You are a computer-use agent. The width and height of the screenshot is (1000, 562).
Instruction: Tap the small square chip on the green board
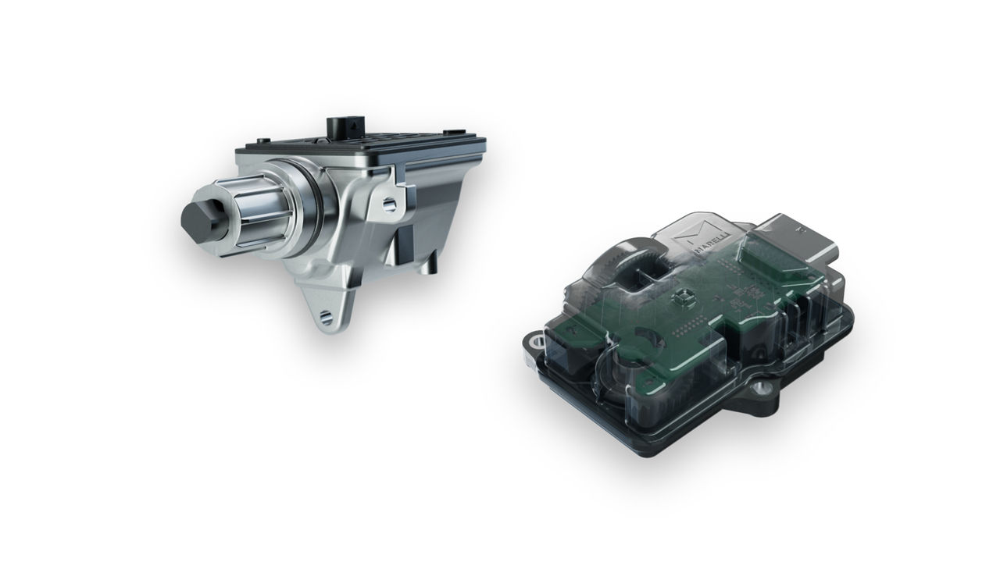pyautogui.click(x=681, y=298)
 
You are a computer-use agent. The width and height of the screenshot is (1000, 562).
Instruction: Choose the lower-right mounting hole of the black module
pyautogui.click(x=761, y=389)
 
